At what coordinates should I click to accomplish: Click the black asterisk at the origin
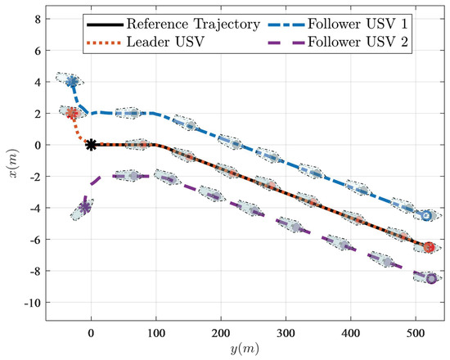(92, 145)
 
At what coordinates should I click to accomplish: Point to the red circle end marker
(430, 247)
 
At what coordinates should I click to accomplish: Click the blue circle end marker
(426, 216)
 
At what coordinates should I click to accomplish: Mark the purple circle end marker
(431, 279)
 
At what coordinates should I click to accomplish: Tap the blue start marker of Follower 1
(72, 82)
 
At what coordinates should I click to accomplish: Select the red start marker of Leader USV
(72, 114)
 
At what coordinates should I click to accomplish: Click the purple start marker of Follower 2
(85, 208)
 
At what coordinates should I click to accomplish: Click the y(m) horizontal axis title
(240, 350)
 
